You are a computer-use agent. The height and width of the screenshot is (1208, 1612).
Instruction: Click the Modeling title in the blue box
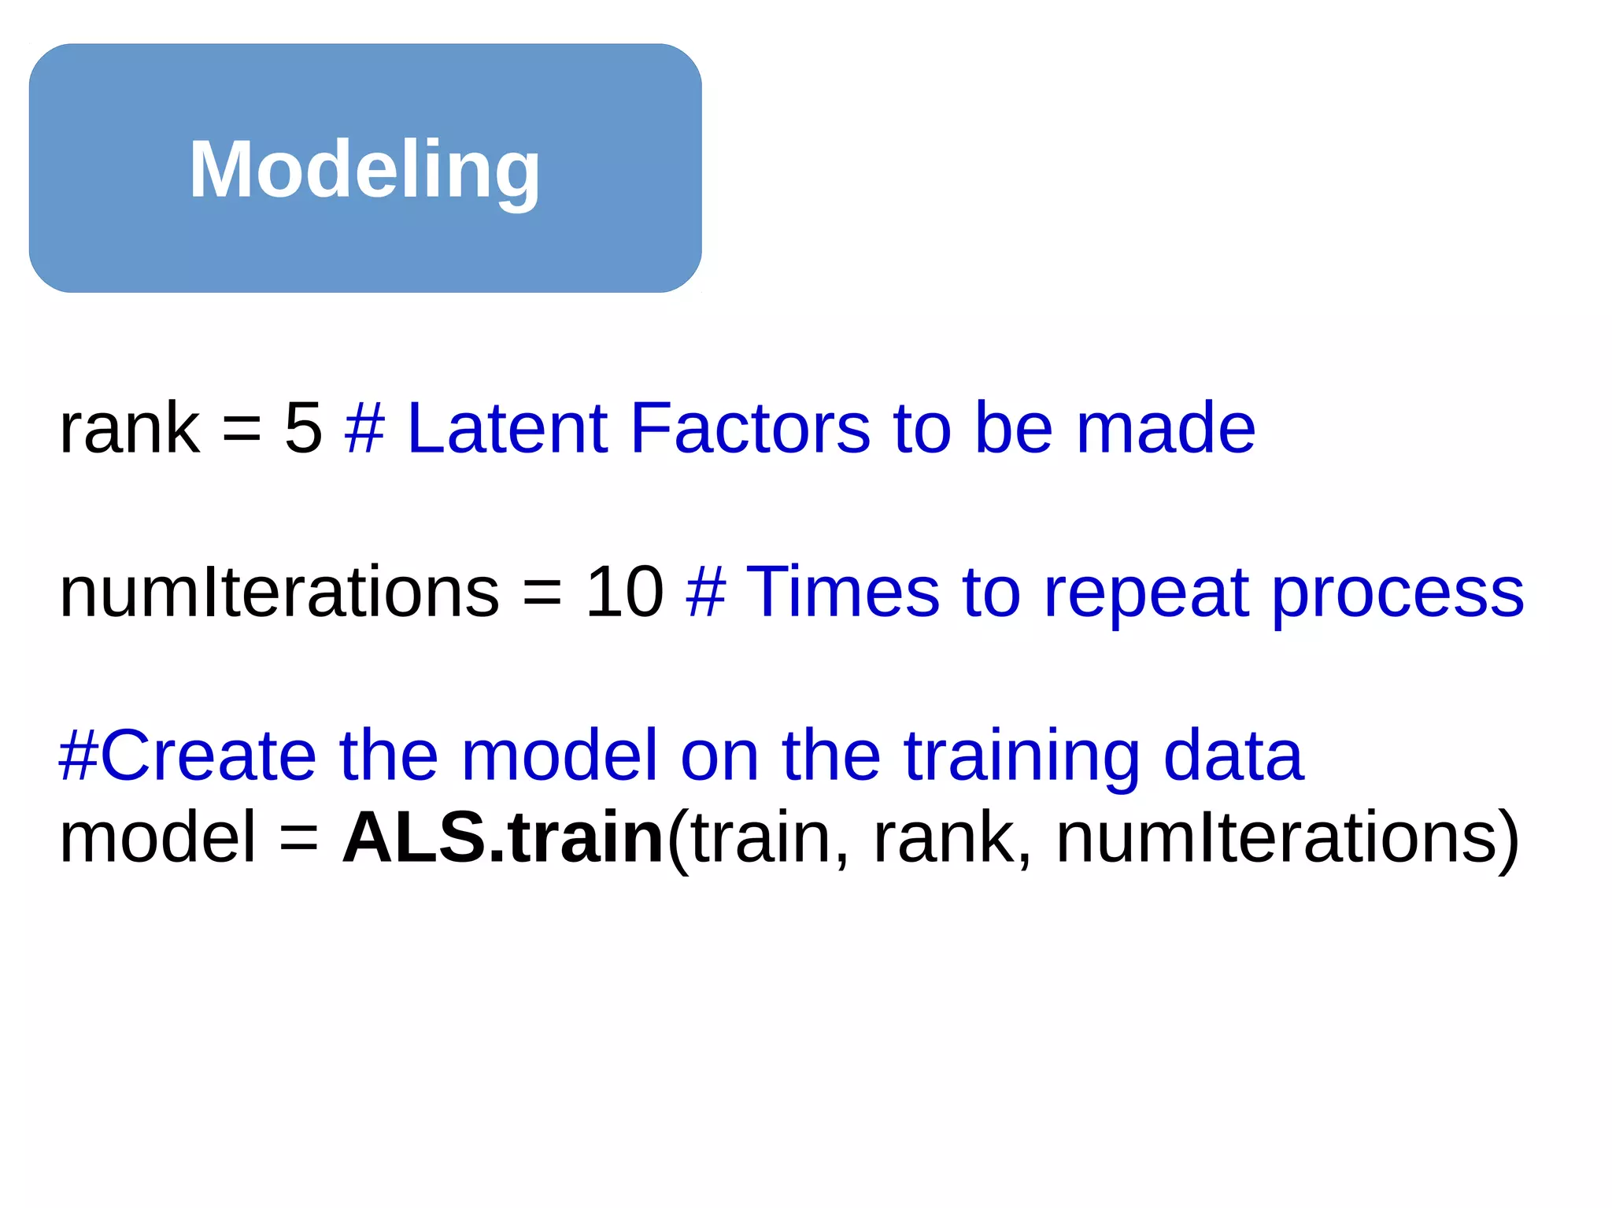(364, 169)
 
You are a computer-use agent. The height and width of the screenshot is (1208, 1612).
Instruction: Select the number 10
(625, 591)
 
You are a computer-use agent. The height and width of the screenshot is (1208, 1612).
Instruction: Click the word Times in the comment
(842, 591)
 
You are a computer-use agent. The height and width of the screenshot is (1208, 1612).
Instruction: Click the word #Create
(187, 755)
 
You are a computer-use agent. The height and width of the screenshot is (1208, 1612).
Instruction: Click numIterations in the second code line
(279, 591)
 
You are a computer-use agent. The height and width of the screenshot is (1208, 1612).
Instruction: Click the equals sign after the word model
(299, 838)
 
